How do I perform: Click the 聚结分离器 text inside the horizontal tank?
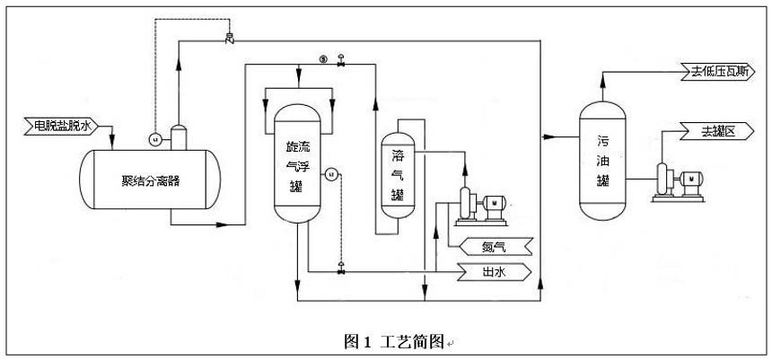[151, 180]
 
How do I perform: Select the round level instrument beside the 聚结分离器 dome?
[154, 138]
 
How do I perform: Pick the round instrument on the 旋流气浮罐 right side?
[330, 174]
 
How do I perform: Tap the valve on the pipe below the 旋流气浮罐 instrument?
[340, 269]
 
